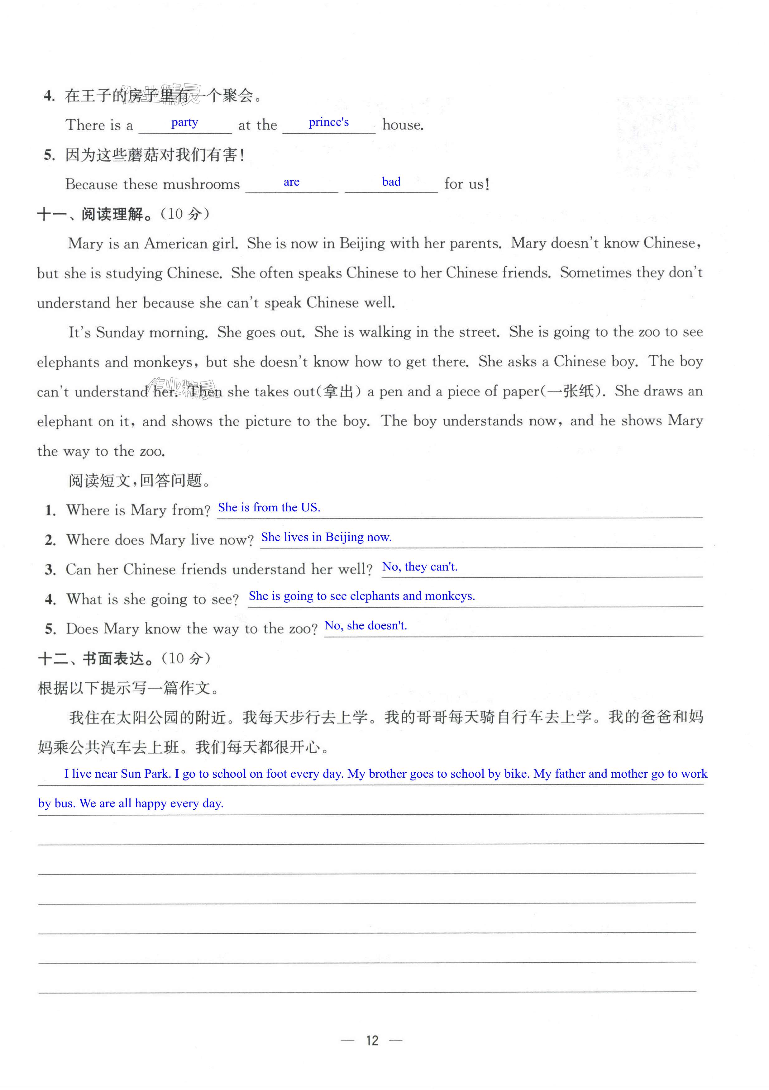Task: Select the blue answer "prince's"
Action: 329,122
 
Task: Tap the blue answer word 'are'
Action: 291,182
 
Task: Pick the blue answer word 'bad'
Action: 391,182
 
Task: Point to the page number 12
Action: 372,1040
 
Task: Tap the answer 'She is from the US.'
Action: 269,508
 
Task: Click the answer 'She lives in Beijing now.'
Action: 326,537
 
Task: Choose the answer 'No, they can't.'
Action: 419,566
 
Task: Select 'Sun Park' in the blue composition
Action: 145,774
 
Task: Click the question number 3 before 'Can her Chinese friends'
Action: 50,570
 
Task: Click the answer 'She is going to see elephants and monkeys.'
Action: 361,596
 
